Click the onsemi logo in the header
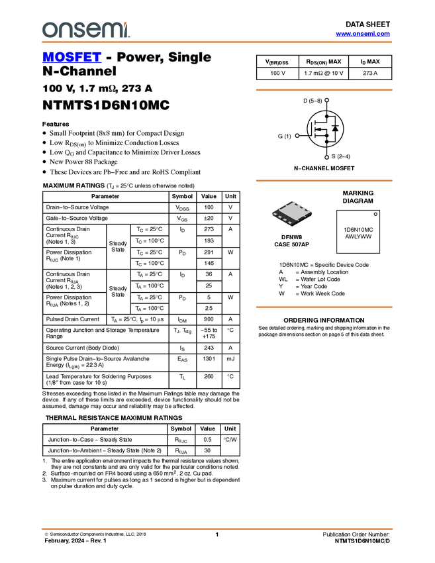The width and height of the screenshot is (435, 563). [85, 30]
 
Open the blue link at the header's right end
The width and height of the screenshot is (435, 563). [363, 34]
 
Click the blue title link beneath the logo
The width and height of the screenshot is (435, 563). [72, 58]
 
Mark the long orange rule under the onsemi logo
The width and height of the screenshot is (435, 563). [217, 42]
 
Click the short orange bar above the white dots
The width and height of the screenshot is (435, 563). [324, 90]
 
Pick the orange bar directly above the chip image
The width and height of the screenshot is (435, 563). [324, 181]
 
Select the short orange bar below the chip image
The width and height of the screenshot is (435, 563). [324, 307]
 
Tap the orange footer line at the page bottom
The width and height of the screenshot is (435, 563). [217, 529]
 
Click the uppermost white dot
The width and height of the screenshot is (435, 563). [327, 100]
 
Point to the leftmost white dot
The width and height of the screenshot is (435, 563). [297, 136]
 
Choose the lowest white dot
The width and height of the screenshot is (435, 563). [327, 157]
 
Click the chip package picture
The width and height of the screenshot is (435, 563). [292, 214]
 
